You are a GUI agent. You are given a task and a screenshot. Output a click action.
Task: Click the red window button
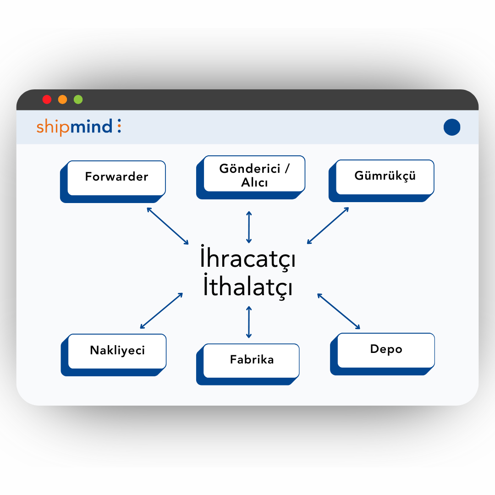pos(47,99)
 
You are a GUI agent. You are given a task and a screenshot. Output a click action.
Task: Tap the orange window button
pos(62,99)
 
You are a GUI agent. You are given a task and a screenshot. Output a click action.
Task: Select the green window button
pos(78,99)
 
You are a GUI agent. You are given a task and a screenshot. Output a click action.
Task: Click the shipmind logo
pos(75,126)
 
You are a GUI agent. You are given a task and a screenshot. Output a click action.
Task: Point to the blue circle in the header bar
pos(452,127)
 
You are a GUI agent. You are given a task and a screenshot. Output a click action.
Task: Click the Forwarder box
pos(116,177)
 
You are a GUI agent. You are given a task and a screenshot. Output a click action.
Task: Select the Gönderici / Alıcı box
pos(254,175)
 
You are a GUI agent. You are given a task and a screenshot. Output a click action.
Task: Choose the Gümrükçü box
pos(385,176)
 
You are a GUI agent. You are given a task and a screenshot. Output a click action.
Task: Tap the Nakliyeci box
pos(117,351)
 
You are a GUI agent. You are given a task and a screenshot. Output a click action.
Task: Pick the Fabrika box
pos(252,360)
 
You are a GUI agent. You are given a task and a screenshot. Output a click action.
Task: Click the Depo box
pos(386,350)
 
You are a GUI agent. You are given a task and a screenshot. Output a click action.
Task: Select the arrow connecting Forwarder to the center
pos(168,225)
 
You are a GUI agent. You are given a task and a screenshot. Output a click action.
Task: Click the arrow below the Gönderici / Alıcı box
pos(249,227)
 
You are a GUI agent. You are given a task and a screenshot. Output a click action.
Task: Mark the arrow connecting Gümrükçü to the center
pos(328,225)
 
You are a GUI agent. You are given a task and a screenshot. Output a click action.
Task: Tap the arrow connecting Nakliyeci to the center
pos(162,310)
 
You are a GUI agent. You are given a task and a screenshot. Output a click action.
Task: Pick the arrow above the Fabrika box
pos(249,322)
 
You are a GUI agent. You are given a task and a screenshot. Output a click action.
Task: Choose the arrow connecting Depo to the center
pos(339,311)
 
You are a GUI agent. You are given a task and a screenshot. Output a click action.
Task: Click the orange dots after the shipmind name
pos(119,126)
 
